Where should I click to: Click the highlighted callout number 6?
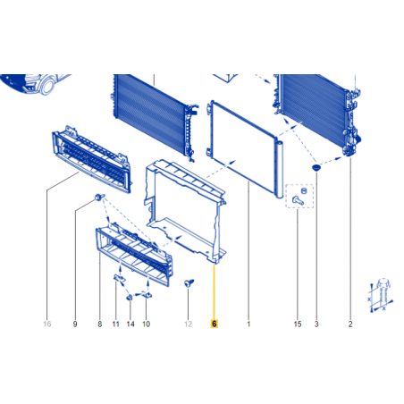pos(215,324)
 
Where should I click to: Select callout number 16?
pos(47,324)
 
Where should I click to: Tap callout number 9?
pos(75,324)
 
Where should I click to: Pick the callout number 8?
pos(100,324)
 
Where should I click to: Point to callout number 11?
pos(115,324)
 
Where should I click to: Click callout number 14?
pos(130,324)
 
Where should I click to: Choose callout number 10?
pos(146,324)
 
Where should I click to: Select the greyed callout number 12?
pos(188,324)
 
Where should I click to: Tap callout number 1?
pos(248,324)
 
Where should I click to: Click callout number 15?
pos(298,324)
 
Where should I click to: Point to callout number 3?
pos(316,324)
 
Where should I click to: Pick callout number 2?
pos(350,324)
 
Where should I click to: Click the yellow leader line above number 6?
pos(214,291)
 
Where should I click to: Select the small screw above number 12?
pos(189,282)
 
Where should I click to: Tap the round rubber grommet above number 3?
pos(316,168)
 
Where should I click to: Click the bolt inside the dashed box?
pos(299,200)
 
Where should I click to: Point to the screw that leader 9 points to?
pos(99,197)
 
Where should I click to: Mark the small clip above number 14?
pos(130,297)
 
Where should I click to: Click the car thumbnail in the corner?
pos(34,84)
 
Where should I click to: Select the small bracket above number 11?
pos(120,278)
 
